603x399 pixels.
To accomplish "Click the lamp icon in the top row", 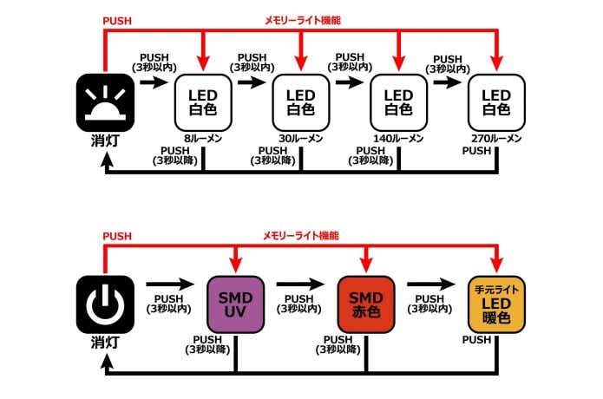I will point(105,101).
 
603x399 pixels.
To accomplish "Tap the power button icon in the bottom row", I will point(105,303).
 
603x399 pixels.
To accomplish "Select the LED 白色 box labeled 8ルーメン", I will point(203,101).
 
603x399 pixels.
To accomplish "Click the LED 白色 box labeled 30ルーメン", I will point(301,101).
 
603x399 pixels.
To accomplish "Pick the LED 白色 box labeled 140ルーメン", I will point(398,101).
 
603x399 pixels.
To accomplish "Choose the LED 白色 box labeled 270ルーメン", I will point(495,101).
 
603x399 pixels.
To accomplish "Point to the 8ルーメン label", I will point(203,138).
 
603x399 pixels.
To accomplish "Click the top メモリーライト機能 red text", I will point(301,19).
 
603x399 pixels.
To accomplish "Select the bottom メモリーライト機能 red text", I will point(301,235).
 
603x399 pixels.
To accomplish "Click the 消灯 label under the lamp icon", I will point(105,142).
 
